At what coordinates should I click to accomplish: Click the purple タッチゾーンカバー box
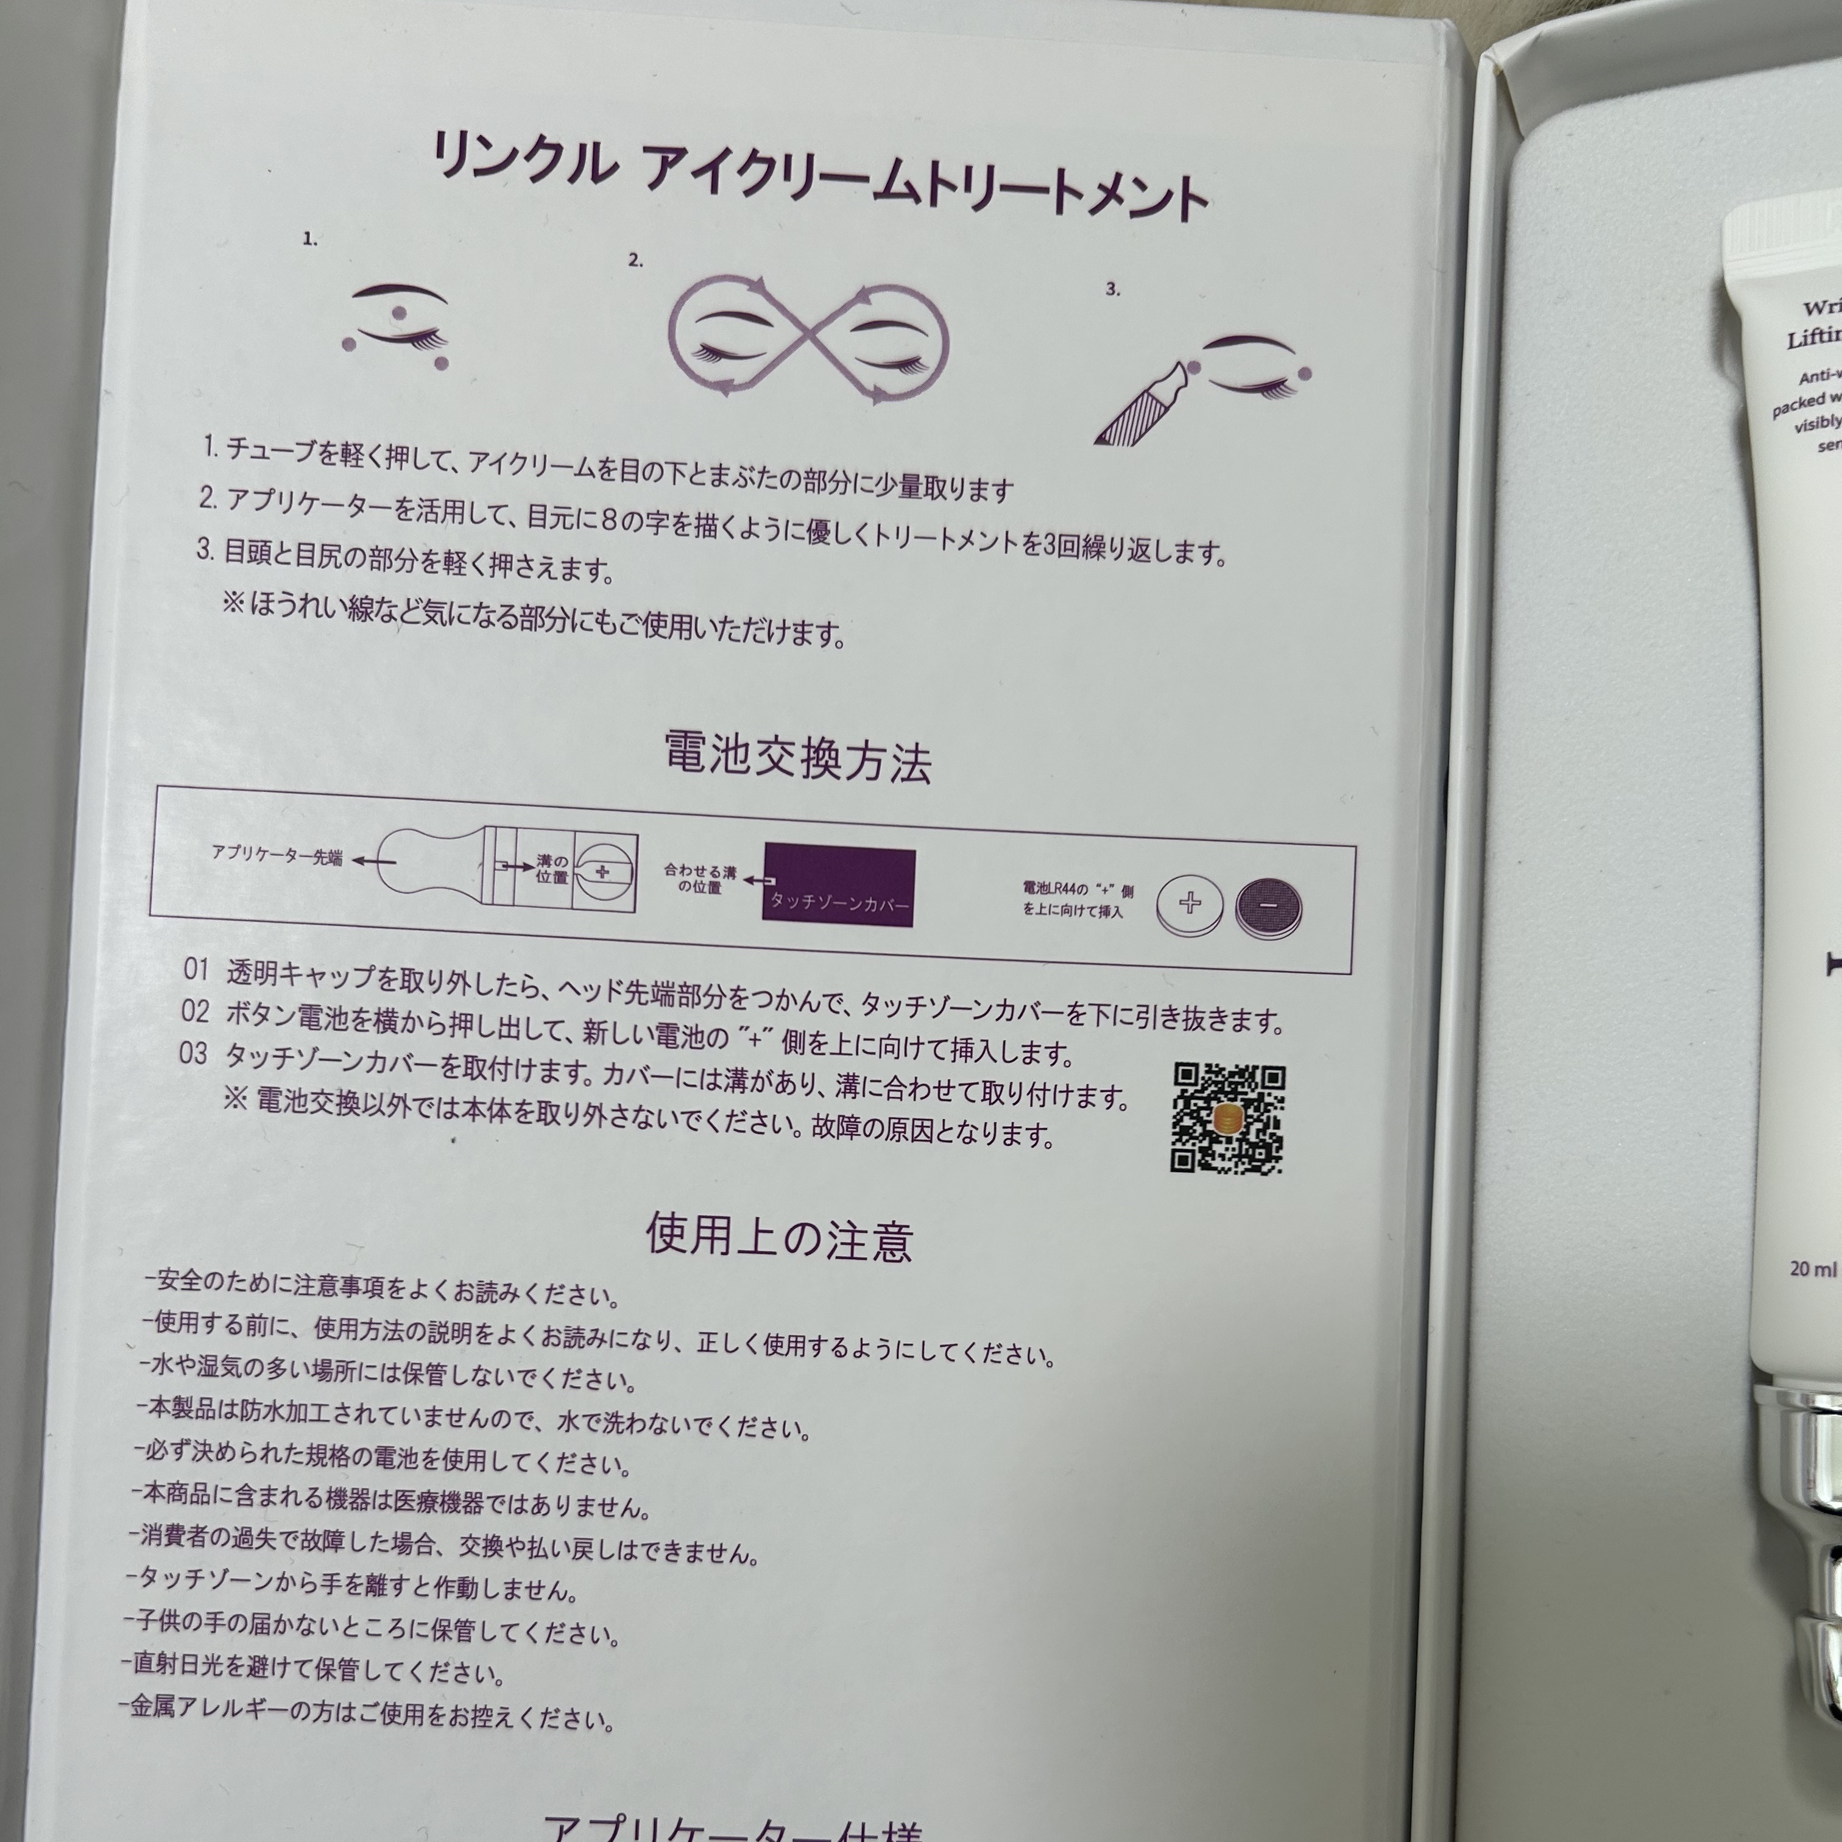tap(838, 887)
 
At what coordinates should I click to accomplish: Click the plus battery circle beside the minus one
tap(1190, 904)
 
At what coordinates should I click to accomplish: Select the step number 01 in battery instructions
tap(196, 970)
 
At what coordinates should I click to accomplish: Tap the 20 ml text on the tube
tap(1812, 1269)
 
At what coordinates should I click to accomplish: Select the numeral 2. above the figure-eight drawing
tap(636, 260)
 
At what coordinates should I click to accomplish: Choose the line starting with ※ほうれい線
tap(534, 617)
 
